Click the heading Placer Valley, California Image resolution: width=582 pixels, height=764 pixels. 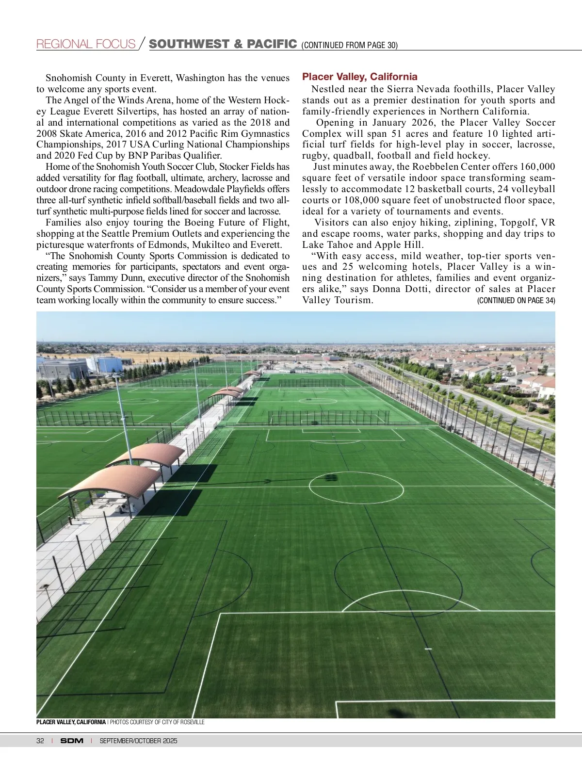click(x=359, y=77)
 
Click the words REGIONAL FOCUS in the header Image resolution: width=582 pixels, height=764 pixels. click(x=86, y=44)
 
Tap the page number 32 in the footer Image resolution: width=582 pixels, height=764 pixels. click(x=40, y=741)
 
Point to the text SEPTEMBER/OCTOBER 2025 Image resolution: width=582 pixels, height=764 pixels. click(x=138, y=741)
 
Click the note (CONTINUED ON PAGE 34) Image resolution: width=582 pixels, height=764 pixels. click(x=516, y=300)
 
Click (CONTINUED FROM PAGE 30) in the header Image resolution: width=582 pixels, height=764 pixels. click(x=349, y=46)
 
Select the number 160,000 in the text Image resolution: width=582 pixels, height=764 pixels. click(x=535, y=167)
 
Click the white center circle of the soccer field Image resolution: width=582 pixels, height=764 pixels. click(x=356, y=486)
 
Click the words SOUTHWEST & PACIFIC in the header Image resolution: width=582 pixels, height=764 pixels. click(x=223, y=44)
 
